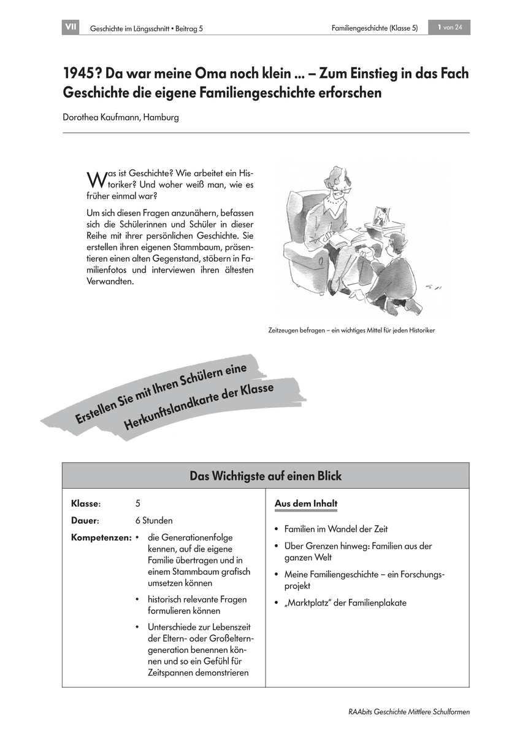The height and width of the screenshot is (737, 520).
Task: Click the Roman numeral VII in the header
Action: [70, 28]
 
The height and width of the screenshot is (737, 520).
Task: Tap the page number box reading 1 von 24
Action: [449, 28]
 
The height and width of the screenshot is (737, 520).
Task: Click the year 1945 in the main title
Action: [82, 74]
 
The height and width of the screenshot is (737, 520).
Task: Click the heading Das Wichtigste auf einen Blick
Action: [266, 476]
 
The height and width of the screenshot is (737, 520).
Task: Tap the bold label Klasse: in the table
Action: [86, 504]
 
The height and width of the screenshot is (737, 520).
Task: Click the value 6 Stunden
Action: [154, 520]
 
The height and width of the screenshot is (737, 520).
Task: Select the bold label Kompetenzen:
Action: [101, 537]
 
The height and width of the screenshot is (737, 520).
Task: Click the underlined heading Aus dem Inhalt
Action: [306, 504]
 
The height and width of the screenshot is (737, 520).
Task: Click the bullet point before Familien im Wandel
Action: [278, 529]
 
